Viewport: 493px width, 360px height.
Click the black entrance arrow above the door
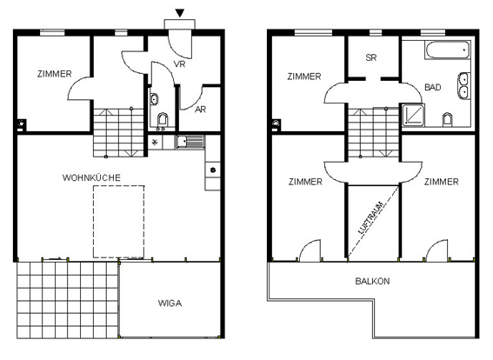(180, 13)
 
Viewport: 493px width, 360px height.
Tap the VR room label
(179, 64)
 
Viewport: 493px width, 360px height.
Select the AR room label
(200, 110)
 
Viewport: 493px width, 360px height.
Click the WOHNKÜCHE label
(91, 178)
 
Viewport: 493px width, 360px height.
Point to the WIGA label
(170, 303)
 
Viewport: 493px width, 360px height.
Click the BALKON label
(372, 281)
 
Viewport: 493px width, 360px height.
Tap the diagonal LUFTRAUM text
(372, 217)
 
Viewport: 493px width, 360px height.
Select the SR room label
(371, 58)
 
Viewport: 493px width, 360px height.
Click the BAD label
(433, 87)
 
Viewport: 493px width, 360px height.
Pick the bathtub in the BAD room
(448, 50)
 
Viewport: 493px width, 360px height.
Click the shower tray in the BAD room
(413, 115)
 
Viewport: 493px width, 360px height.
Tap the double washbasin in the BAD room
(463, 85)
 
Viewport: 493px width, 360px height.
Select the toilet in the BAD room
(447, 120)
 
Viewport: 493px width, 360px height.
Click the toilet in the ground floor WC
(163, 121)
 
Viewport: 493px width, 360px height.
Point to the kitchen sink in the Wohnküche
(190, 142)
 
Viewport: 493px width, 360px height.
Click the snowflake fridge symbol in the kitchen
(155, 142)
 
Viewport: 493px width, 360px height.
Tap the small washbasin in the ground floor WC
(154, 99)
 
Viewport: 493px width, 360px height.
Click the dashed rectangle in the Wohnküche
(119, 222)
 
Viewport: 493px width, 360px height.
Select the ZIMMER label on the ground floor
(55, 74)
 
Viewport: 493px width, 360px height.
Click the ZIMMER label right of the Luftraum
(442, 182)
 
